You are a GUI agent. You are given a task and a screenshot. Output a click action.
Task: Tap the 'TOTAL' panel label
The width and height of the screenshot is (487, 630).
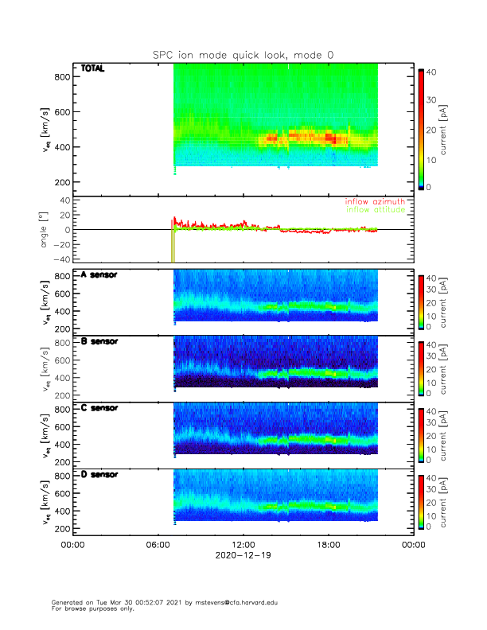point(93,69)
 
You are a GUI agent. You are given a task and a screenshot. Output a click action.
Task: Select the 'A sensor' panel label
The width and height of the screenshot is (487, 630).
point(99,274)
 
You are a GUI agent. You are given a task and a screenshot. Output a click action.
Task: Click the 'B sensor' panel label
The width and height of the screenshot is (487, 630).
point(99,341)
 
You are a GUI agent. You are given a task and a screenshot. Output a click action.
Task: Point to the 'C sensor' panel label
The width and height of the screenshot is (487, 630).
point(99,408)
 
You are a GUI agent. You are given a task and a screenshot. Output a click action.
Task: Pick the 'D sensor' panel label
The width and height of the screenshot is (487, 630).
point(99,475)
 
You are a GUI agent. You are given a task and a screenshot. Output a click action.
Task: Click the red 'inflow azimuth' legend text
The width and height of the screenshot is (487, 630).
point(374,202)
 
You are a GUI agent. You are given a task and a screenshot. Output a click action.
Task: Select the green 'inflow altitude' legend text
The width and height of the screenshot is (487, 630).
point(374,210)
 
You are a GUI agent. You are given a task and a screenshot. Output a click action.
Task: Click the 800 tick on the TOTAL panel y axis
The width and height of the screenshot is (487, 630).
point(59,76)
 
